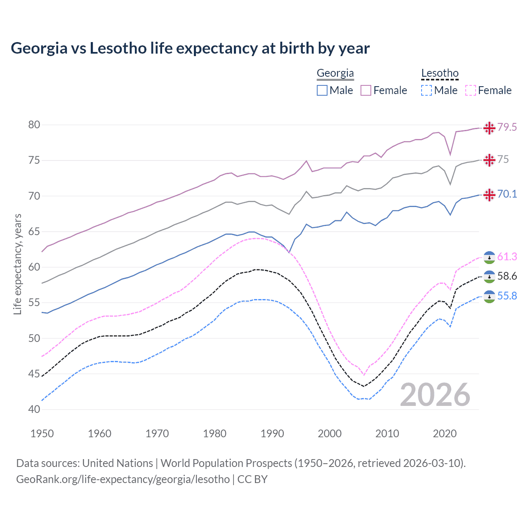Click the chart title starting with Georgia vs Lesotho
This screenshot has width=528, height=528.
(190, 48)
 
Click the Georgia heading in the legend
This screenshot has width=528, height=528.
(335, 73)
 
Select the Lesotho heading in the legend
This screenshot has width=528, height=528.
(440, 73)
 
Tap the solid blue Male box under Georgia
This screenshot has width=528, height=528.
(322, 90)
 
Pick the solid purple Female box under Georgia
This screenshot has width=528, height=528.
(366, 90)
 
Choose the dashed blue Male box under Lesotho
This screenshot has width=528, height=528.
(427, 90)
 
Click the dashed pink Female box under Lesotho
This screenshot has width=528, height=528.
(470, 90)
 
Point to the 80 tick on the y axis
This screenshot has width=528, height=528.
(34, 125)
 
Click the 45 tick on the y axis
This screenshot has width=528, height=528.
(34, 374)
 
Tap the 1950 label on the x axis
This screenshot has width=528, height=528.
(42, 434)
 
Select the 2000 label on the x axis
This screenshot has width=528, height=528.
(330, 434)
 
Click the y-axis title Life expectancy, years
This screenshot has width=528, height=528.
(18, 264)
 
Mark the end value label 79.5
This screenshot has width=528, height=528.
(507, 127)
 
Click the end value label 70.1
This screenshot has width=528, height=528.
(507, 194)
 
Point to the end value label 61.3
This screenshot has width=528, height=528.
(507, 257)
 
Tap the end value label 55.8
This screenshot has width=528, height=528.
(507, 296)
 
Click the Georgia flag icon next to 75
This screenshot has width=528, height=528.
(489, 160)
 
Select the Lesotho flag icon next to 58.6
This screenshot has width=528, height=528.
(489, 276)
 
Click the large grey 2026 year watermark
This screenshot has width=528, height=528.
(435, 395)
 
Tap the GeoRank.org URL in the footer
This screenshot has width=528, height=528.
(123, 479)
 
